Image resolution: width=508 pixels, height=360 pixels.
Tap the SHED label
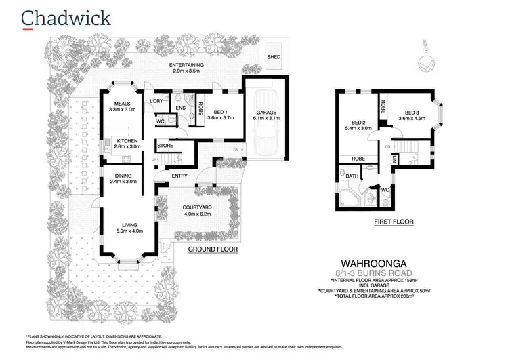(274, 57)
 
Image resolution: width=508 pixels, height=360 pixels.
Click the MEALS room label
(122, 104)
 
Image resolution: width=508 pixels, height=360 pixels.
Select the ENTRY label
(179, 176)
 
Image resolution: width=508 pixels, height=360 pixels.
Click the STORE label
(165, 146)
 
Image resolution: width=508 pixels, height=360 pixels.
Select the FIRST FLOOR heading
(393, 221)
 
